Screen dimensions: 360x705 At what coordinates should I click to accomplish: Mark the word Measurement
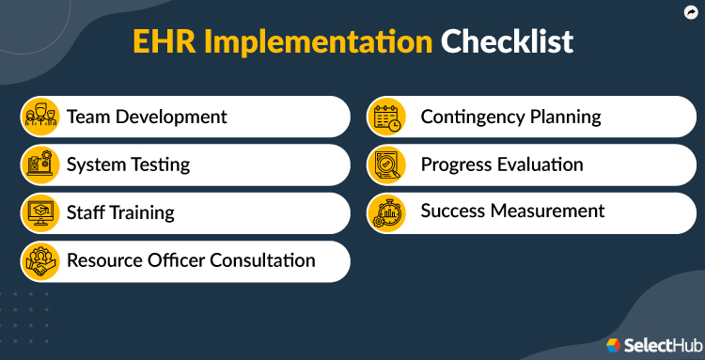[551, 211]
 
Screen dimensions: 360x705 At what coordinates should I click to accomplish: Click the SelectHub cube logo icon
[615, 344]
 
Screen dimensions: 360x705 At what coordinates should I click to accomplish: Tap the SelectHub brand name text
[659, 344]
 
